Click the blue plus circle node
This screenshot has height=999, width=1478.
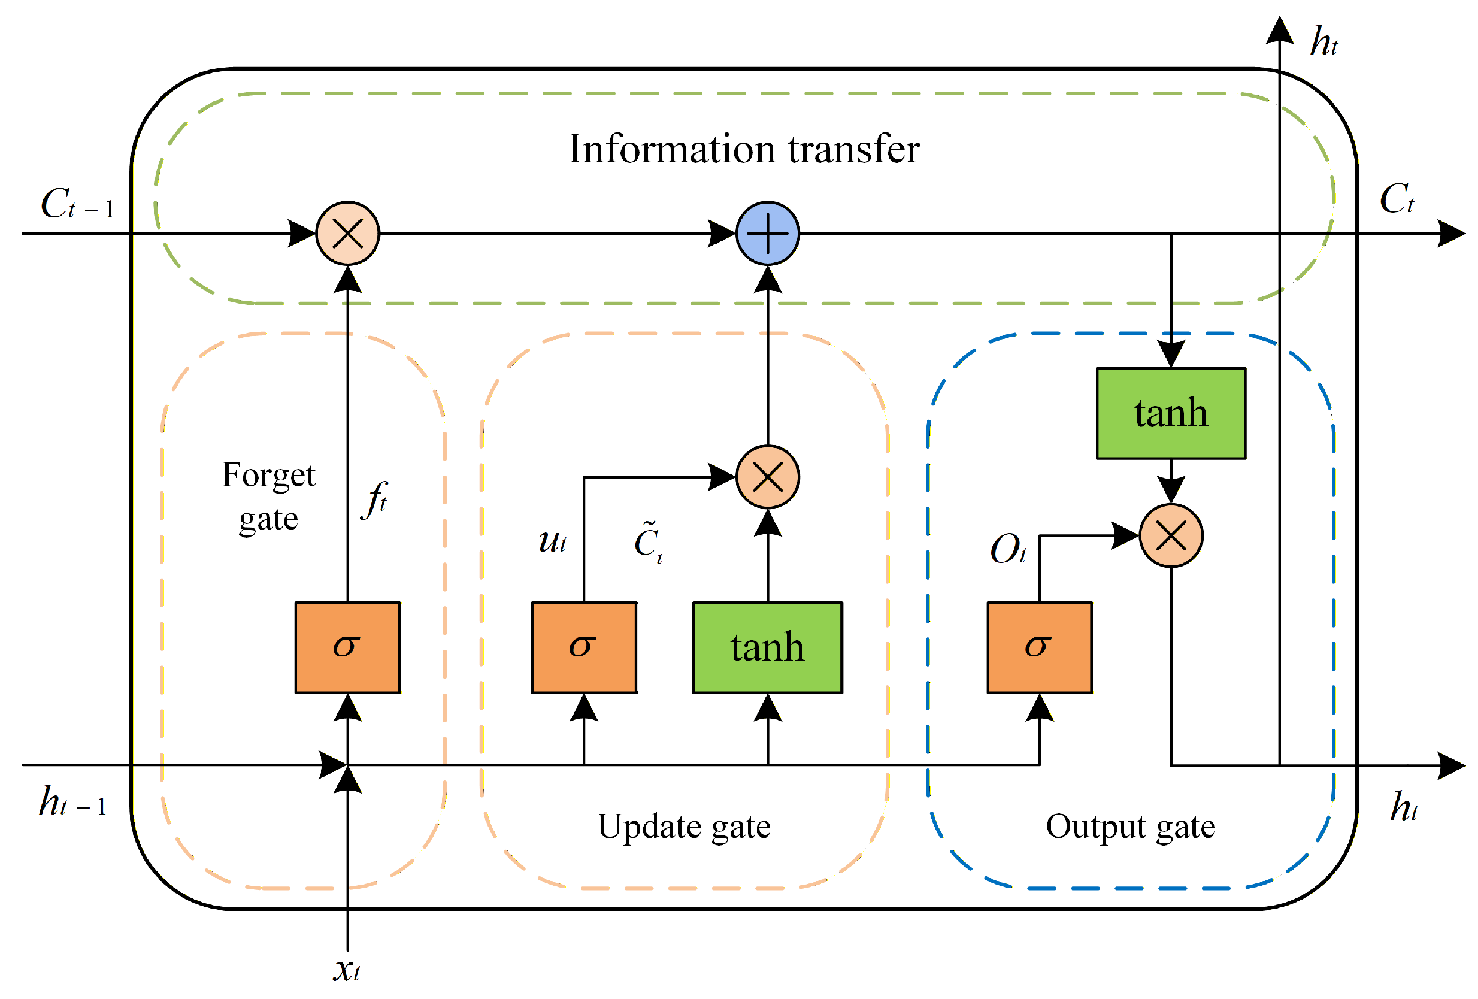click(x=768, y=234)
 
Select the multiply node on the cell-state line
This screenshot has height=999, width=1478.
click(x=348, y=234)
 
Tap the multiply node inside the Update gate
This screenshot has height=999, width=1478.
click(x=768, y=477)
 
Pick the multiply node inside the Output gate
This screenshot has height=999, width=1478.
click(x=1171, y=536)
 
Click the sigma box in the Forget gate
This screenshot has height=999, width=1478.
click(x=348, y=647)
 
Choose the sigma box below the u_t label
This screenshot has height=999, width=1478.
click(x=584, y=647)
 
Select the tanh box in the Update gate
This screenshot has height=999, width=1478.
click(x=768, y=647)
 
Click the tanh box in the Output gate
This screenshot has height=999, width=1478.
click(x=1171, y=413)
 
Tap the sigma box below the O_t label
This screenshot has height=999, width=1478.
click(x=1040, y=647)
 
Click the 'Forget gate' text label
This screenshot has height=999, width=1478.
click(x=268, y=498)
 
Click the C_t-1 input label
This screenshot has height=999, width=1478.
click(x=77, y=204)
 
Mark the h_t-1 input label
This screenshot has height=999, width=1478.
click(x=72, y=801)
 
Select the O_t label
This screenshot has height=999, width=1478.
click(x=1008, y=549)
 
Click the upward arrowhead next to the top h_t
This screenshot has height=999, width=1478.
click(x=1280, y=30)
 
